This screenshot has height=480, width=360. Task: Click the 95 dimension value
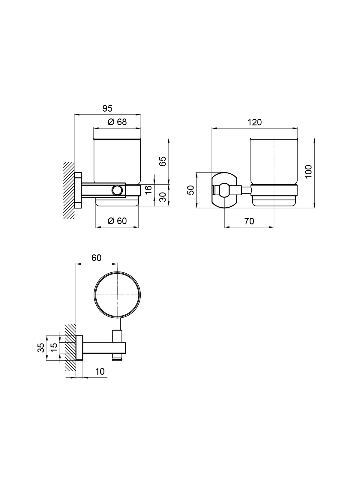(107, 109)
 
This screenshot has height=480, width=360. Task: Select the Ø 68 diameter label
(117, 122)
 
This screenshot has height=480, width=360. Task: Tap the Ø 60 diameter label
(117, 221)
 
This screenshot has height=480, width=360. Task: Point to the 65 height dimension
(163, 161)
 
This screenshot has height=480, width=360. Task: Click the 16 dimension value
(148, 190)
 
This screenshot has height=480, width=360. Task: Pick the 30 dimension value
(163, 197)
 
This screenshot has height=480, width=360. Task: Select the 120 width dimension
(254, 122)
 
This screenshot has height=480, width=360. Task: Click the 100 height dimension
(308, 172)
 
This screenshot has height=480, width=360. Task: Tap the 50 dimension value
(190, 190)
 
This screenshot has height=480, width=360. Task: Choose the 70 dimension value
(249, 221)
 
